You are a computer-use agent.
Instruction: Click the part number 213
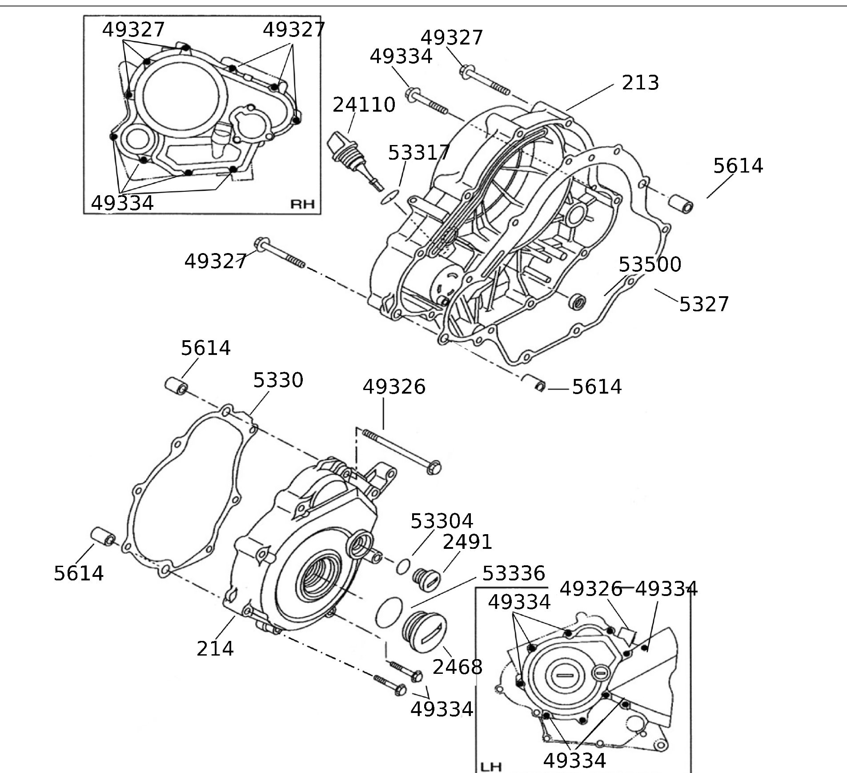640,83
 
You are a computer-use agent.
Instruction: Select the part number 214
215,648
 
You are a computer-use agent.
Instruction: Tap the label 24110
364,105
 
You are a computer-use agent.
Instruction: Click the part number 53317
419,153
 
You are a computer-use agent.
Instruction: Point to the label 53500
650,265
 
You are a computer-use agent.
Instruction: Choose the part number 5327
704,305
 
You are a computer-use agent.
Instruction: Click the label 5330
278,380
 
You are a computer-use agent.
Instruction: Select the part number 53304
442,521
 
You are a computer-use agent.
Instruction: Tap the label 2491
467,542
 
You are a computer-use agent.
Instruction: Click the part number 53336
514,574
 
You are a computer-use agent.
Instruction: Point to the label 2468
457,667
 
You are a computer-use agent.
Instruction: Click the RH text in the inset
302,204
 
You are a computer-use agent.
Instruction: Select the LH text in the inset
491,767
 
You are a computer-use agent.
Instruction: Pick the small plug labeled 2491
426,579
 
